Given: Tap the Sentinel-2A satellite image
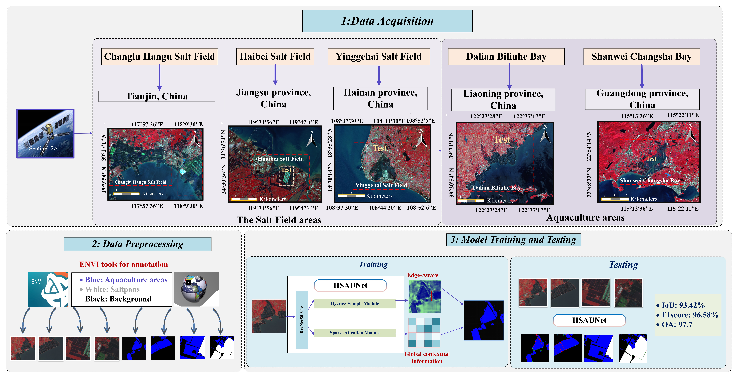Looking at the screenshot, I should click(45, 133).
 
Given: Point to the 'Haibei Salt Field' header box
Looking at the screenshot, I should click(275, 57).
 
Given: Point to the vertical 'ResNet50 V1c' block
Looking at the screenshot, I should click(302, 319).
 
